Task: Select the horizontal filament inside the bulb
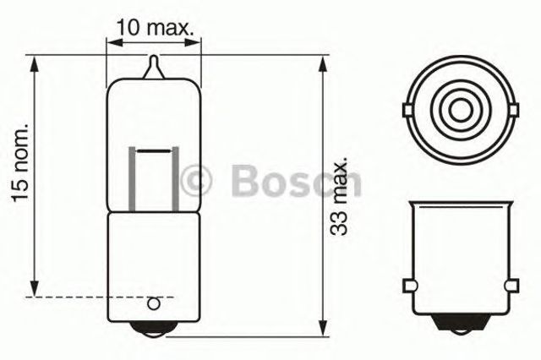[154, 150]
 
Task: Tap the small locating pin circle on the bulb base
[154, 303]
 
